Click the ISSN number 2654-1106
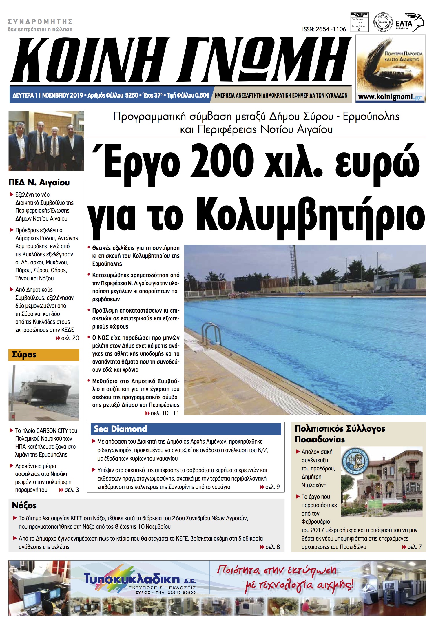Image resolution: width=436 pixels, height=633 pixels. coord(324,29)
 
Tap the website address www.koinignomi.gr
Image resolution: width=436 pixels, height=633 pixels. coord(390,97)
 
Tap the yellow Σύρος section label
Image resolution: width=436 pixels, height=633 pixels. coord(44,355)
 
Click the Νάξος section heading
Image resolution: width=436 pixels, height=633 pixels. coord(24,506)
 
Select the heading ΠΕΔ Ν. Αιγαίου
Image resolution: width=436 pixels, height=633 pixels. coord(39,183)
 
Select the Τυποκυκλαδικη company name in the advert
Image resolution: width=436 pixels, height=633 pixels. coord(132,579)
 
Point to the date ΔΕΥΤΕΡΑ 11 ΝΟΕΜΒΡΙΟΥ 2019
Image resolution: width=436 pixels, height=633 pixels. coord(48,95)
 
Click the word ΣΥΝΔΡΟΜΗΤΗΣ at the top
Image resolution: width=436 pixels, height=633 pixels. coord(40,22)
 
